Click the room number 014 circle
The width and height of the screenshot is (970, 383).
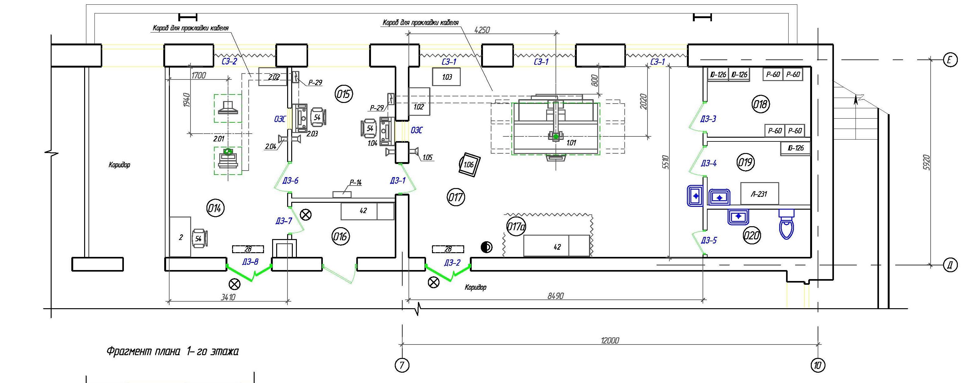click(215, 208)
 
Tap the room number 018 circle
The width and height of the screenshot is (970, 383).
click(760, 104)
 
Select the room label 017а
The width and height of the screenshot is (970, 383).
click(516, 227)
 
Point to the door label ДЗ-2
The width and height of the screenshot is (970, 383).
click(452, 263)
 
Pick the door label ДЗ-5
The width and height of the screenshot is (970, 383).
click(709, 240)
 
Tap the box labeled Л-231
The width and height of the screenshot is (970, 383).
click(759, 194)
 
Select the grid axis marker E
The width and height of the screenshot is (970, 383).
click(950, 60)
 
